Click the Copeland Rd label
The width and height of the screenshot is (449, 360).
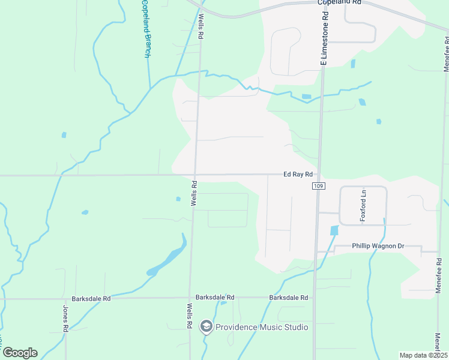point(339,2)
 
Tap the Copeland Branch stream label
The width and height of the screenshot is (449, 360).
point(146,29)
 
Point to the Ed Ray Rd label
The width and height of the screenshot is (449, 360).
point(298,175)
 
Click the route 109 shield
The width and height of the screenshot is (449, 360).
point(318,187)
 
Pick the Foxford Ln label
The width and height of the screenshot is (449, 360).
point(363,206)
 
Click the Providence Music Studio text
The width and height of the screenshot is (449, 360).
point(262,327)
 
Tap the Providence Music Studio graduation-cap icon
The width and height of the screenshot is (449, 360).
point(206,326)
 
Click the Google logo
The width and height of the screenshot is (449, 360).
point(20,352)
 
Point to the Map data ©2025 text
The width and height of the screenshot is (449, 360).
point(423,355)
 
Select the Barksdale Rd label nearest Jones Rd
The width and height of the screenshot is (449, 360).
point(91,298)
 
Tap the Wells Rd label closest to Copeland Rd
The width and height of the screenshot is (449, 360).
point(202,27)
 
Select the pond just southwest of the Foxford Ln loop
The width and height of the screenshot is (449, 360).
point(334,230)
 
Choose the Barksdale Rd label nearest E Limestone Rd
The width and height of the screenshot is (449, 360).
point(289,298)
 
